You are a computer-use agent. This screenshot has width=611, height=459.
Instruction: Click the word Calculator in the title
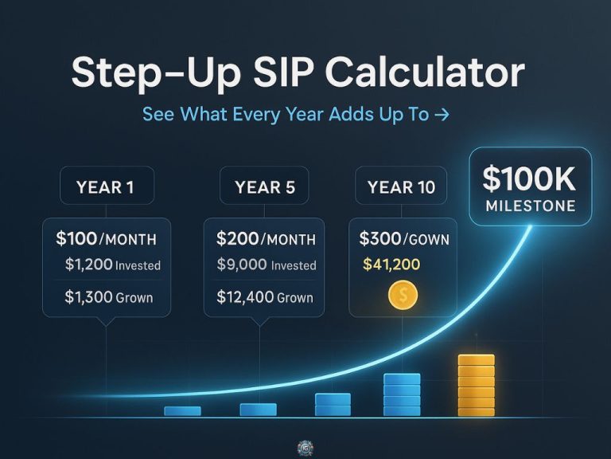click(425, 73)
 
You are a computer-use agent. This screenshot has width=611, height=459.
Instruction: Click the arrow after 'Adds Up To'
click(442, 115)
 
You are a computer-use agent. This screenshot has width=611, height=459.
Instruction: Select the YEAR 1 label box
click(107, 186)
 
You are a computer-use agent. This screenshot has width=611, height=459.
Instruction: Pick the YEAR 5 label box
click(264, 186)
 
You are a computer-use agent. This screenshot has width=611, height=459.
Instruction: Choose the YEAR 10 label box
click(401, 186)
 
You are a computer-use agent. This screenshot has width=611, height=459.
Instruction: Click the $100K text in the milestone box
click(529, 179)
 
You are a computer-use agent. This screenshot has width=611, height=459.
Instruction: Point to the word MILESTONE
click(531, 206)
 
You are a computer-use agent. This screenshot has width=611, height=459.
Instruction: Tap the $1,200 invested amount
click(89, 265)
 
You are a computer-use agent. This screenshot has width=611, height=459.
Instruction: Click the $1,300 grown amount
click(88, 297)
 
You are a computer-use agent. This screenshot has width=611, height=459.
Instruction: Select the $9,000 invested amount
click(242, 265)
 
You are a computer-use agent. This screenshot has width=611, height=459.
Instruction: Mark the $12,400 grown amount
click(245, 297)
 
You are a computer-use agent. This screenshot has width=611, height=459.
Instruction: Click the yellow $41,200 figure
click(391, 265)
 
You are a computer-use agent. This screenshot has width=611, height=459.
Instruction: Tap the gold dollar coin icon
click(403, 295)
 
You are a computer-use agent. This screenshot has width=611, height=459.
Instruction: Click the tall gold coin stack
click(477, 386)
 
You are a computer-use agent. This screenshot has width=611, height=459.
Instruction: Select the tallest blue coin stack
click(402, 394)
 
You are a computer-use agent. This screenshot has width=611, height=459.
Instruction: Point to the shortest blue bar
click(182, 411)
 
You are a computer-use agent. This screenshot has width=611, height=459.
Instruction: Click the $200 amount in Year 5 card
click(238, 238)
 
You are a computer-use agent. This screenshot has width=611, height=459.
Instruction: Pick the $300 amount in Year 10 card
click(380, 238)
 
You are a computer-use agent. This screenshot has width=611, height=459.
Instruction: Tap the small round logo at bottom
click(305, 448)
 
